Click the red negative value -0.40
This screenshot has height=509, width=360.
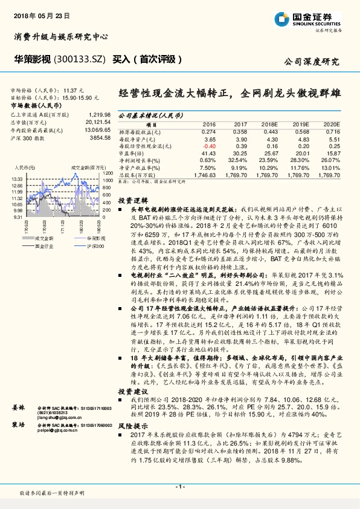point(208,146)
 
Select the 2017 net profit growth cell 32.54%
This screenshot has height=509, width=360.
point(239,159)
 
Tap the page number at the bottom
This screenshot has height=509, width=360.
point(179,487)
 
